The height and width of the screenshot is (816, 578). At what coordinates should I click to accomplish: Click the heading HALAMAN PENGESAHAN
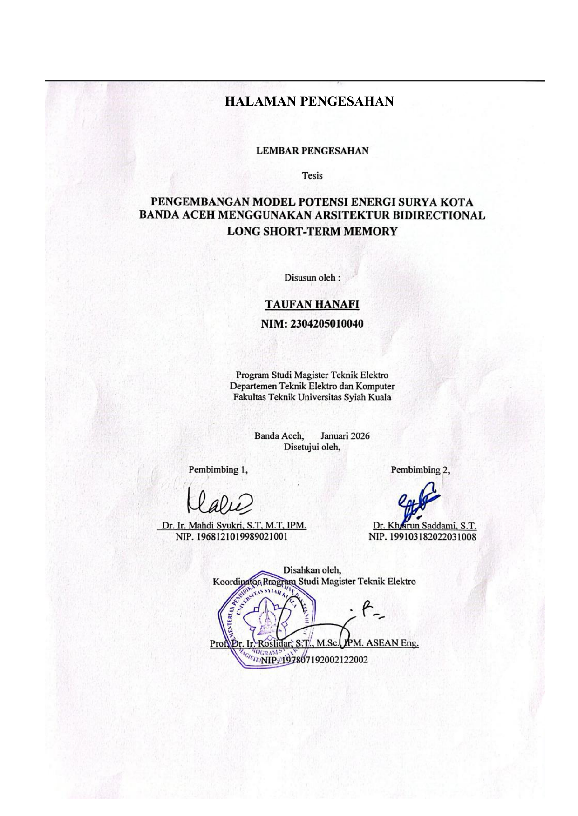(x=309, y=101)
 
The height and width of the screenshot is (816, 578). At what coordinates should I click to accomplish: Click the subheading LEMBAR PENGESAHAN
(x=312, y=151)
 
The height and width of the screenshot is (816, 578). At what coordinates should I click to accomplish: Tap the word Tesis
(x=312, y=176)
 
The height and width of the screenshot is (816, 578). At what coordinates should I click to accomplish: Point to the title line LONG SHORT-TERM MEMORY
(x=312, y=231)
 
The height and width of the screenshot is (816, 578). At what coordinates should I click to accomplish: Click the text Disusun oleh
(x=312, y=278)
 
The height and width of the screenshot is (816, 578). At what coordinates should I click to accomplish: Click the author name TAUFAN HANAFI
(x=312, y=304)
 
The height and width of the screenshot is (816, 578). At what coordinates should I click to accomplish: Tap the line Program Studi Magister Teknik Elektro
(x=312, y=375)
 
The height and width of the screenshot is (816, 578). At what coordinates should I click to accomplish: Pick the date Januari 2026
(x=345, y=436)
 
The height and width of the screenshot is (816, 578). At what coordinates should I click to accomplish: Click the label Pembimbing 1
(x=218, y=469)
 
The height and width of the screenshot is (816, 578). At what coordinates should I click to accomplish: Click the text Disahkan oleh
(x=312, y=569)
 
